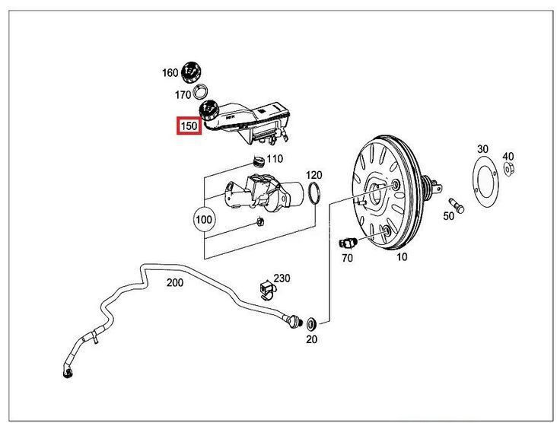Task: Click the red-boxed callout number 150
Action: (x=188, y=126)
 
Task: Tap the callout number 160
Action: (x=170, y=73)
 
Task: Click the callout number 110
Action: (x=274, y=159)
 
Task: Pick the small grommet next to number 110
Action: (x=257, y=160)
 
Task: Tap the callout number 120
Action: (x=314, y=175)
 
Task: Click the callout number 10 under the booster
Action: (x=401, y=257)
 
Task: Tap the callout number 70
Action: (x=347, y=259)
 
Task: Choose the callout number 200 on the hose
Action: (x=175, y=283)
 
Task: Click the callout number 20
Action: (x=311, y=339)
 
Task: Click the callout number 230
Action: (x=282, y=278)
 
